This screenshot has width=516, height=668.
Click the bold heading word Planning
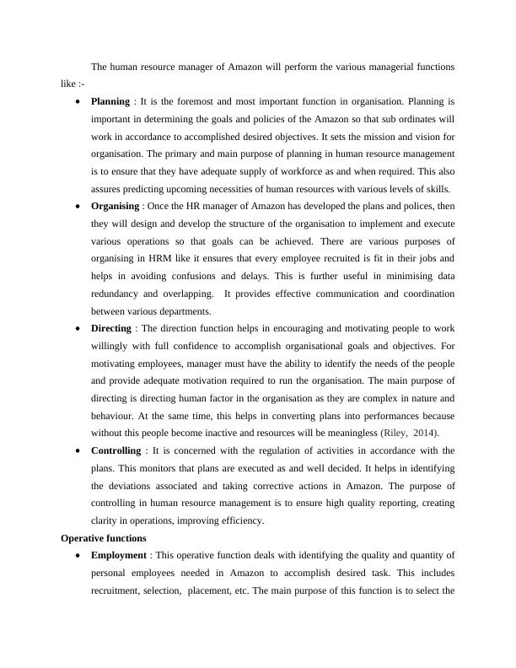pos(110,101)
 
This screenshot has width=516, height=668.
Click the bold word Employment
pos(119,554)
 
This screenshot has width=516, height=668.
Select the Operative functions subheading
pos(104,537)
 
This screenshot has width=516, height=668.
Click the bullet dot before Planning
pos(78,102)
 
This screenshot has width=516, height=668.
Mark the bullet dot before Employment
pos(78,555)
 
